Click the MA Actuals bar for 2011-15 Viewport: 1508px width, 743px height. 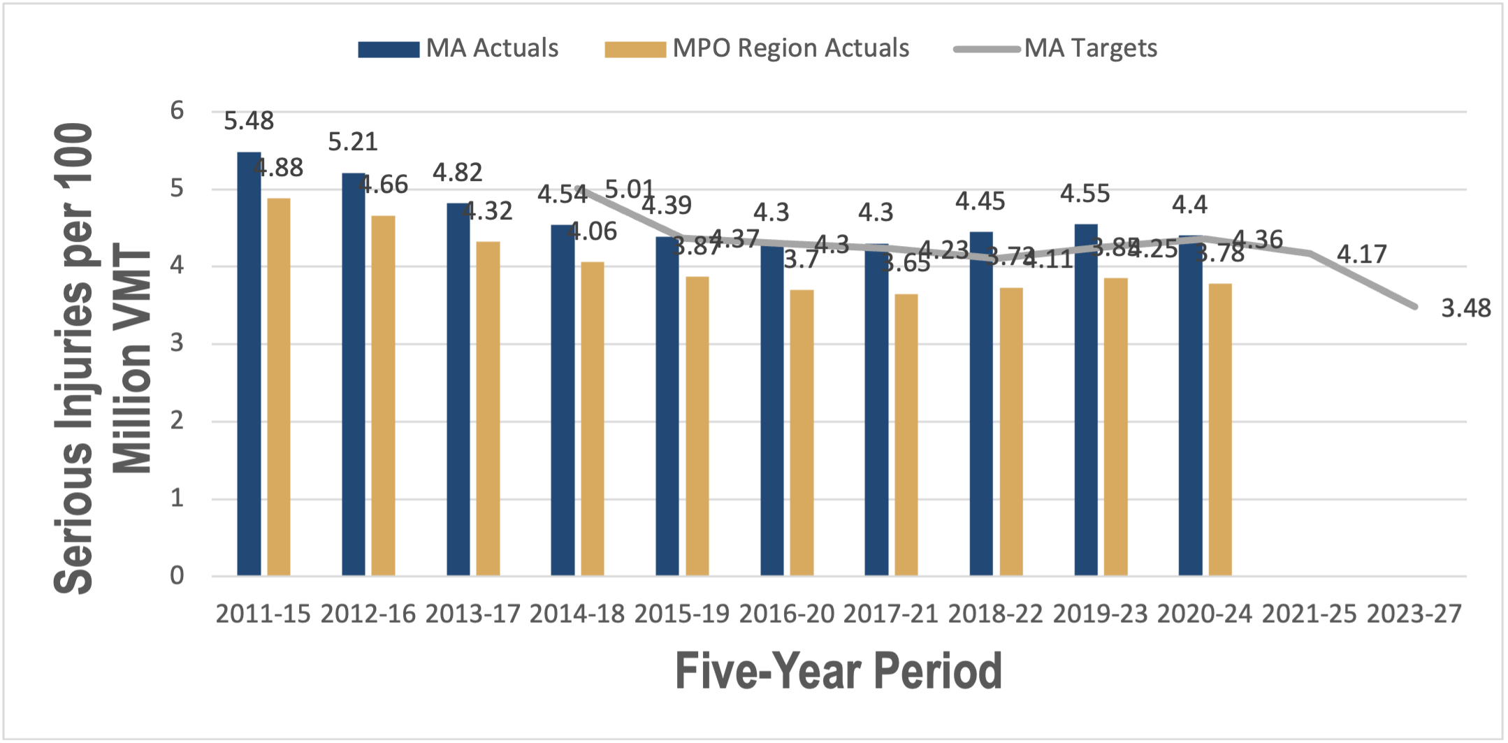(x=249, y=363)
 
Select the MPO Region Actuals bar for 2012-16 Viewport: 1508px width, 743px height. (x=383, y=396)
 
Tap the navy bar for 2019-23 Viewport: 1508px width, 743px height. (x=1086, y=400)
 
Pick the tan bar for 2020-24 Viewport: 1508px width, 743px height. (x=1220, y=429)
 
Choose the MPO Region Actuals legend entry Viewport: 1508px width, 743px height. (x=757, y=48)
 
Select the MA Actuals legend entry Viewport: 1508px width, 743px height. (x=458, y=48)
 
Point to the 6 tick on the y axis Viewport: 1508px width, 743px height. (x=177, y=110)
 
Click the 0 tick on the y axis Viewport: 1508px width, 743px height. (x=177, y=575)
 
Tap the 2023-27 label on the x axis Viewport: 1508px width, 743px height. (x=1414, y=614)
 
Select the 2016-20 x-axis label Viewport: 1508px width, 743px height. (x=787, y=614)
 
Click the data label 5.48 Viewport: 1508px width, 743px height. (x=249, y=121)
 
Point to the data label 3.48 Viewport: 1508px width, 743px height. (x=1465, y=308)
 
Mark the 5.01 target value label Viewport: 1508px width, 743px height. (x=629, y=189)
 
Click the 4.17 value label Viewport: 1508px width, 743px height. (x=1361, y=254)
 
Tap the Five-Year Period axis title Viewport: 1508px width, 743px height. (x=839, y=671)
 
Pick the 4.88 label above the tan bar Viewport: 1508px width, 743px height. (x=278, y=168)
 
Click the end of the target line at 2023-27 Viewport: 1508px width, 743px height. (x=1414, y=306)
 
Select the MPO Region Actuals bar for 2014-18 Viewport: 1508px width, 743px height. (x=593, y=419)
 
